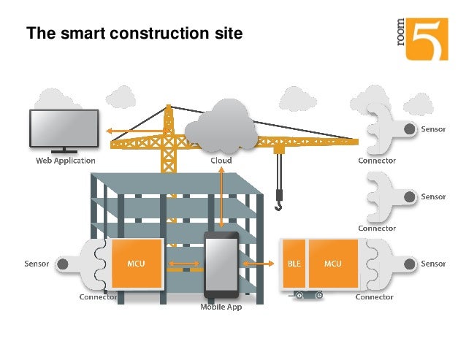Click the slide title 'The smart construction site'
tap(134, 34)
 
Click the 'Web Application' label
tap(66, 161)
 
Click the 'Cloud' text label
tap(221, 161)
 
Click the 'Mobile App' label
tap(221, 307)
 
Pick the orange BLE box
tap(294, 263)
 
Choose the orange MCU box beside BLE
tap(332, 263)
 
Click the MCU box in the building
tap(136, 263)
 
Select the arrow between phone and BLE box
tap(259, 264)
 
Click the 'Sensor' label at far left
tap(37, 264)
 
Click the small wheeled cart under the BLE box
tap(308, 295)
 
